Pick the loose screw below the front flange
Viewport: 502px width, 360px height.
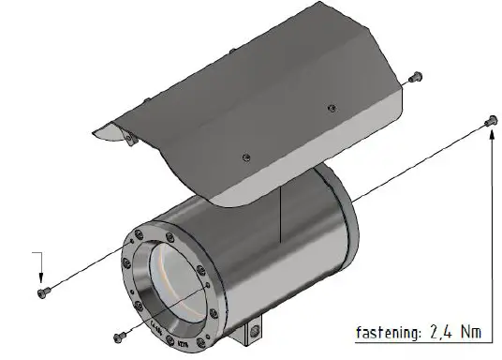coord(118,335)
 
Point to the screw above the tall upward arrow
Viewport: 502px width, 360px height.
coord(490,119)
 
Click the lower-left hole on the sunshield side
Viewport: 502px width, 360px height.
coord(244,156)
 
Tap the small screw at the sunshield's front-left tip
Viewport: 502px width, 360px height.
coord(130,140)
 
